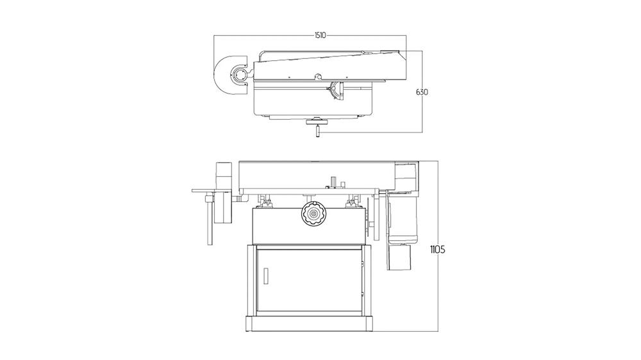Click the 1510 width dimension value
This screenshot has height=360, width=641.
click(x=320, y=36)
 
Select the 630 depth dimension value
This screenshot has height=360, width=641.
click(x=422, y=92)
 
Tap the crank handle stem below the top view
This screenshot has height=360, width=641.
click(x=317, y=131)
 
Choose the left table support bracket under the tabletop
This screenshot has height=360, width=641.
click(x=264, y=202)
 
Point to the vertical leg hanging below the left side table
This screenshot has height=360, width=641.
click(x=209, y=221)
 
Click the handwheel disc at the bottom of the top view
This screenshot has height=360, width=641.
click(x=316, y=120)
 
